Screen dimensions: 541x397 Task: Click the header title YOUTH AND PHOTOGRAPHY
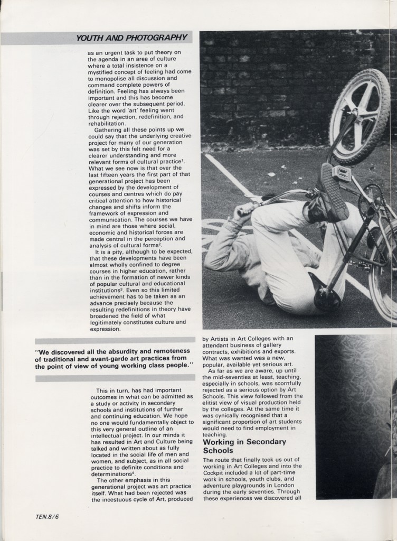[131, 38]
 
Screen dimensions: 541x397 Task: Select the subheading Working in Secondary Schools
[244, 446]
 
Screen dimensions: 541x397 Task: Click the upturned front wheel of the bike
[360, 116]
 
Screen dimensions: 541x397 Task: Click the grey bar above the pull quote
[115, 340]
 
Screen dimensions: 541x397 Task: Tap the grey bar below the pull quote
[115, 378]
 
